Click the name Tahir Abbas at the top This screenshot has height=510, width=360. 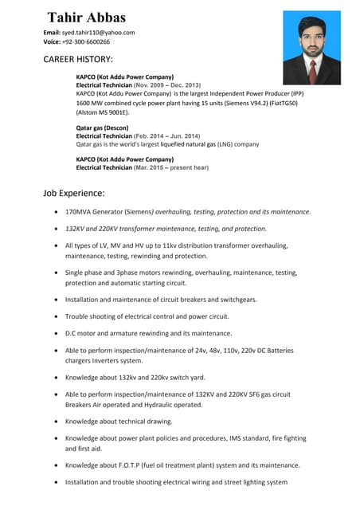86,18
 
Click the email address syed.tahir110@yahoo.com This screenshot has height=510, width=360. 98,33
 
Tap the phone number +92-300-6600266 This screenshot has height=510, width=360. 87,42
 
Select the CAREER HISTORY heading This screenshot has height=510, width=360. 78,60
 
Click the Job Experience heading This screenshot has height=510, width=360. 74,193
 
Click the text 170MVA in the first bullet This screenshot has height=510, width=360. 80,212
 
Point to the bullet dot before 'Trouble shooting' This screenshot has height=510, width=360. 54,317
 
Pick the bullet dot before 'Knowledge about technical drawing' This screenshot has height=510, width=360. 54,422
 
